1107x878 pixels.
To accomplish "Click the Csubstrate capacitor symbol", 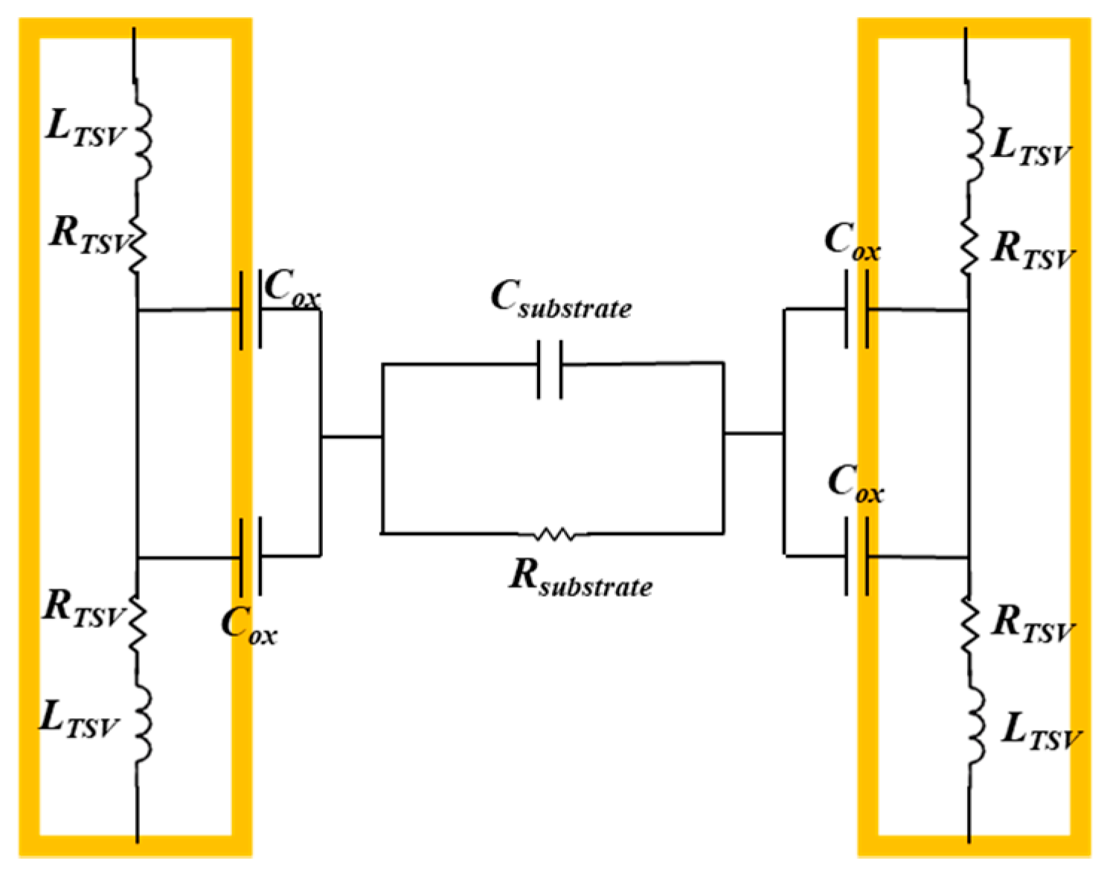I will coord(550,369).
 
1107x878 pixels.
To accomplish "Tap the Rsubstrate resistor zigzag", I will coord(554,533).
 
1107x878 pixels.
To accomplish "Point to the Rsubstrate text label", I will coord(581,577).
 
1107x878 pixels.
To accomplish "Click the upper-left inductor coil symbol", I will coord(141,141).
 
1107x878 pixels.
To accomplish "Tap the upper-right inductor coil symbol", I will coord(974,141).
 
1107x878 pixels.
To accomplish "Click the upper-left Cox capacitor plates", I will coord(251,310).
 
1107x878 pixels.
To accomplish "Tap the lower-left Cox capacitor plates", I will coord(251,556).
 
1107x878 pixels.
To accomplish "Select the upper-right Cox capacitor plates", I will coord(857,309).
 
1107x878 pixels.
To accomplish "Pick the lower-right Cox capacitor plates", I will coord(857,556).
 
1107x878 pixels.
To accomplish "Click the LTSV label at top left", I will coord(84,128).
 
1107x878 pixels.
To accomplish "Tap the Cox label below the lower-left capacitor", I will coord(249,625).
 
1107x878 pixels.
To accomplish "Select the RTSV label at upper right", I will coord(1033,250).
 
